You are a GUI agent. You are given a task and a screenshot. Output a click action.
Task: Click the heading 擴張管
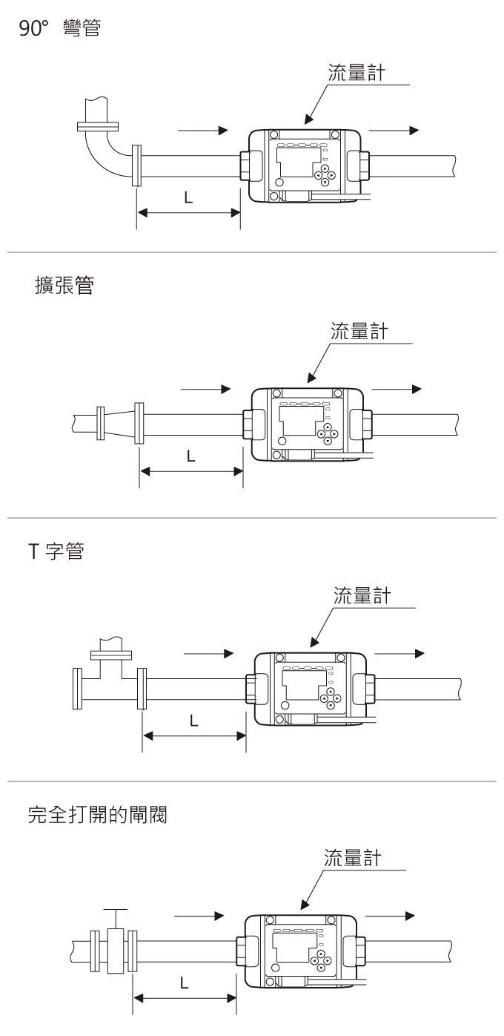[x=64, y=286]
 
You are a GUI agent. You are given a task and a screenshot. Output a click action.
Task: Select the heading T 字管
[x=55, y=552]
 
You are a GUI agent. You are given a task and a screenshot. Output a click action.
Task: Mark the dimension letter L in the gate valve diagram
[x=184, y=983]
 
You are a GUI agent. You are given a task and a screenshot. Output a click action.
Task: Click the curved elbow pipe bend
[x=103, y=152]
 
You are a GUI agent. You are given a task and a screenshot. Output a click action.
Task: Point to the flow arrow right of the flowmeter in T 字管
[x=399, y=653]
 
